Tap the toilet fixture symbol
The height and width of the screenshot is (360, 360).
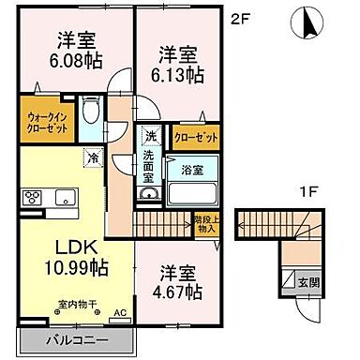pyautogui.click(x=92, y=113)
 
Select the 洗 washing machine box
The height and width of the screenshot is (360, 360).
pyautogui.click(x=150, y=136)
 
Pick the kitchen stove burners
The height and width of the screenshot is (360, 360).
pyautogui.click(x=32, y=198)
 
